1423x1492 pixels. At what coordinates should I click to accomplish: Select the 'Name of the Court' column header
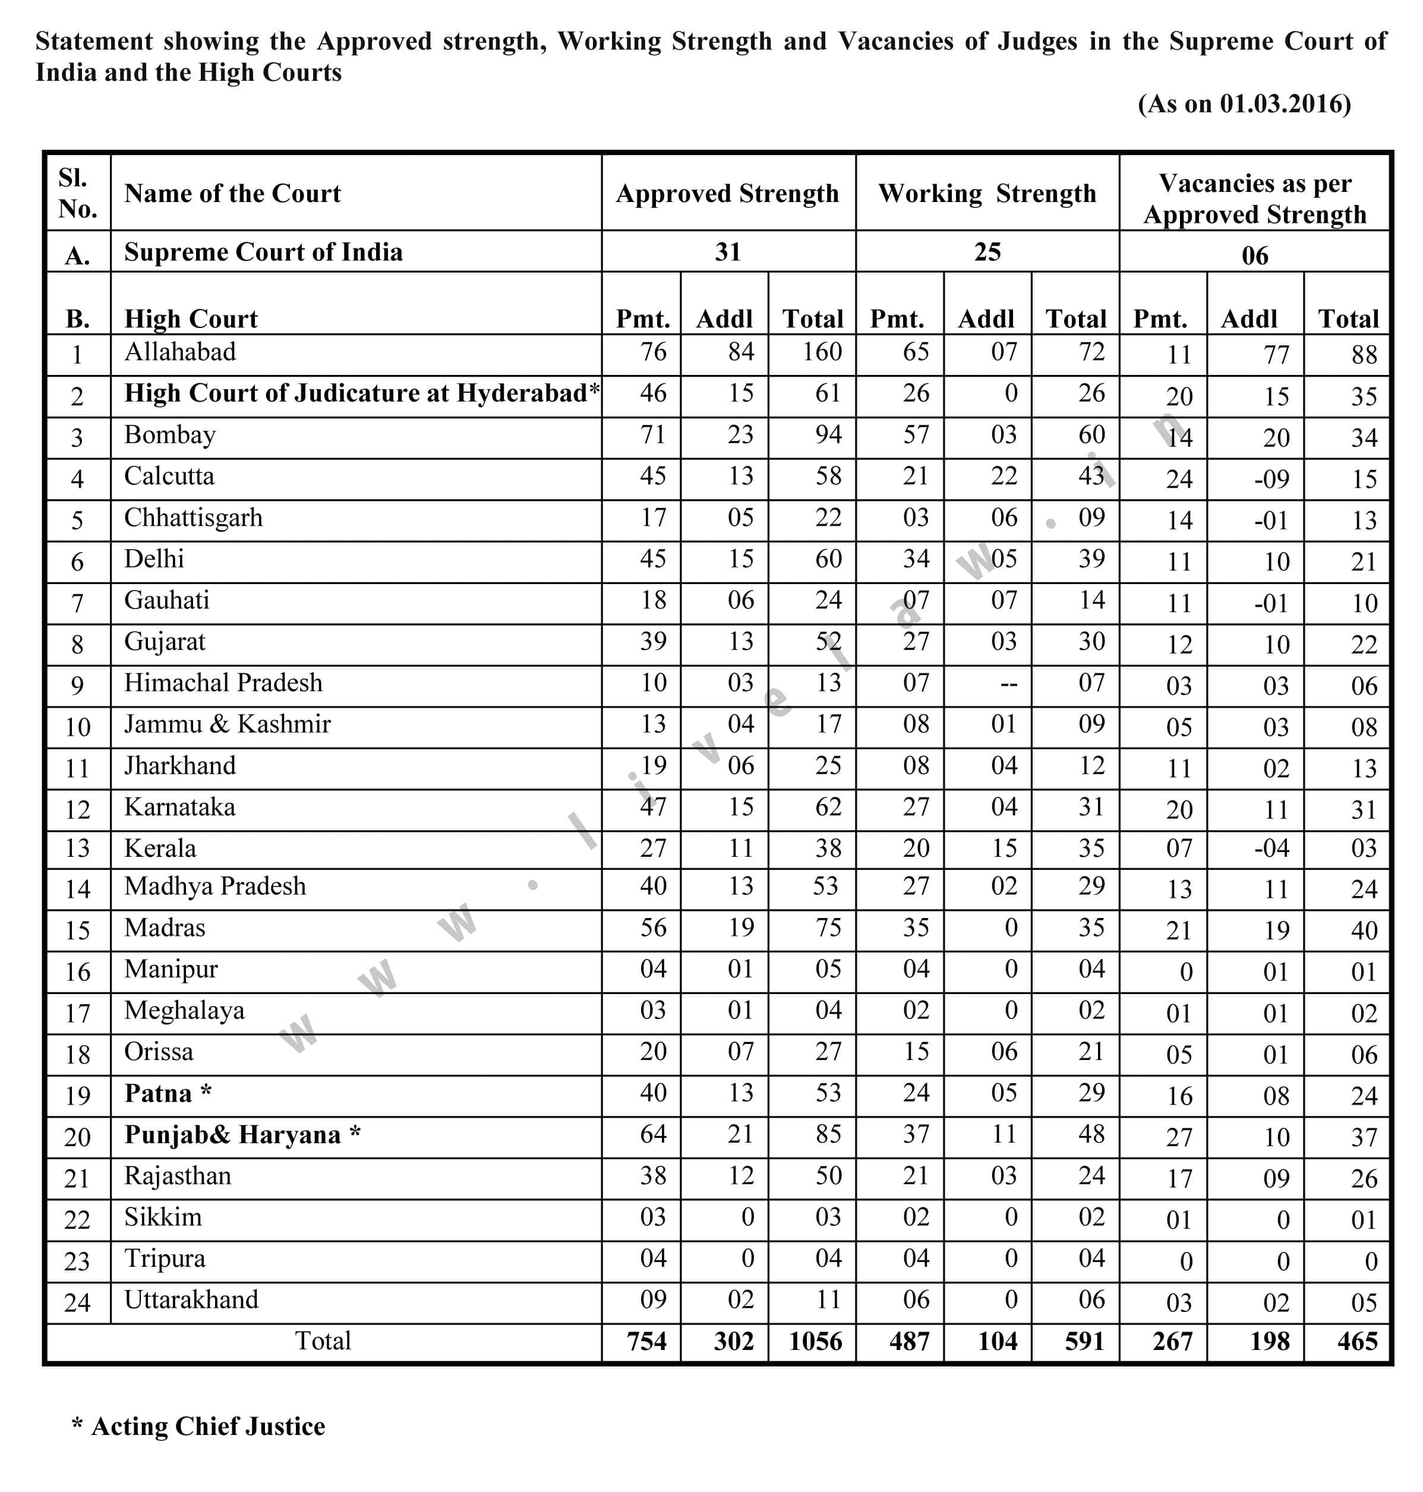pyautogui.click(x=232, y=194)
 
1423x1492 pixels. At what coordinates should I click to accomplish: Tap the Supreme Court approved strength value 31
pyautogui.click(x=727, y=252)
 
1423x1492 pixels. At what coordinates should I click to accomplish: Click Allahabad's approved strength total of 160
pyautogui.click(x=822, y=352)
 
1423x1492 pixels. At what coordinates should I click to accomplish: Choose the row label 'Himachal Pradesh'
pyautogui.click(x=223, y=683)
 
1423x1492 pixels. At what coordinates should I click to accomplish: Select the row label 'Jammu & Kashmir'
pyautogui.click(x=228, y=724)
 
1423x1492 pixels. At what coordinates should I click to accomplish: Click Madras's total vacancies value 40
pyautogui.click(x=1363, y=930)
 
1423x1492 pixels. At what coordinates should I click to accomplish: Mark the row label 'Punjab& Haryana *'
pyautogui.click(x=242, y=1135)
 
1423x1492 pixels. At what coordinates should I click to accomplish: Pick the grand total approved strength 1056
pyautogui.click(x=815, y=1341)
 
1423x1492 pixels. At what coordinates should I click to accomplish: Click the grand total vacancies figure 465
pyautogui.click(x=1357, y=1341)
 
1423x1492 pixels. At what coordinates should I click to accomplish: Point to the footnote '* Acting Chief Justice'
pyautogui.click(x=198, y=1426)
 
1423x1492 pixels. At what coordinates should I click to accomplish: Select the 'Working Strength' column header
pyautogui.click(x=987, y=194)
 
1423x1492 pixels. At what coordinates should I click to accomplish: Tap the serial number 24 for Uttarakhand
pyautogui.click(x=77, y=1302)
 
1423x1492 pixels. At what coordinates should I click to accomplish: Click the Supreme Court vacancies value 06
pyautogui.click(x=1255, y=255)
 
